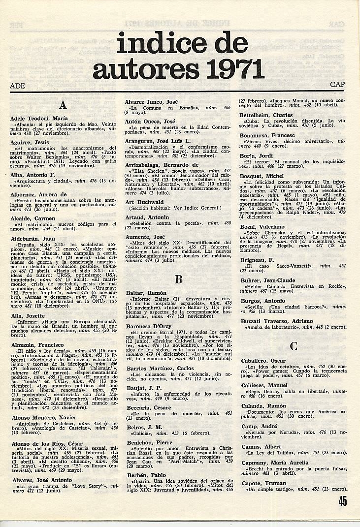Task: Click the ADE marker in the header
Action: click(17, 85)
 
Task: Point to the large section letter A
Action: click(62, 105)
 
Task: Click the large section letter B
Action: click(179, 279)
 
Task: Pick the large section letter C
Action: click(294, 346)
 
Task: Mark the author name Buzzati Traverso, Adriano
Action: click(276, 321)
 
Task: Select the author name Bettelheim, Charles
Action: click(266, 115)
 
